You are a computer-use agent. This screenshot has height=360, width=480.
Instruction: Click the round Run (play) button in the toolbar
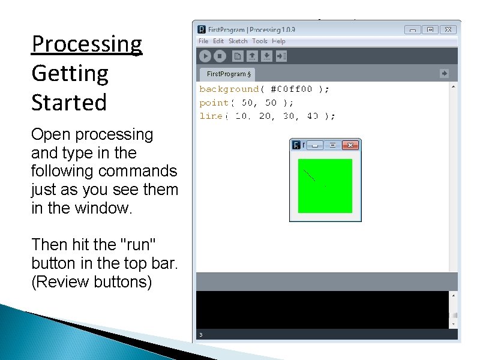click(x=205, y=56)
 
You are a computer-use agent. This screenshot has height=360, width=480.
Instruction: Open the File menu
click(x=203, y=41)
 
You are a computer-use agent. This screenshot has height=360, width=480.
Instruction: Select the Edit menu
click(x=218, y=41)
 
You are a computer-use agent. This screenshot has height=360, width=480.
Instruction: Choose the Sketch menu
click(x=238, y=41)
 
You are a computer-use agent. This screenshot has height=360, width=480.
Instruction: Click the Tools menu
click(x=260, y=41)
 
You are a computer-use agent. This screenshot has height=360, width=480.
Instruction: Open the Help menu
click(x=278, y=41)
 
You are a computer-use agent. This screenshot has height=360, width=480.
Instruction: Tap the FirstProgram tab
click(x=228, y=74)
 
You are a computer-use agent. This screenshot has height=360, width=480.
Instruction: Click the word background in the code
click(x=229, y=89)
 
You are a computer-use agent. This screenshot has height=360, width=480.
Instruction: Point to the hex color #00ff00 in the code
click(x=291, y=89)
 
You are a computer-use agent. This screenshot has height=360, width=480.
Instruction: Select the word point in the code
click(x=214, y=103)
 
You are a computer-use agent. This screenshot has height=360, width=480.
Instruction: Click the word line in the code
click(x=211, y=116)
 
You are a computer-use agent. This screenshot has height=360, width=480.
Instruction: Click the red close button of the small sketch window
click(x=351, y=145)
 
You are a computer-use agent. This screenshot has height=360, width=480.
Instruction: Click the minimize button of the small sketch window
click(x=316, y=145)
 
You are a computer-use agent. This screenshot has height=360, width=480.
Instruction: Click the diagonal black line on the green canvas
click(x=309, y=175)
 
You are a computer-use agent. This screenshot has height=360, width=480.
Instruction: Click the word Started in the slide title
click(x=69, y=102)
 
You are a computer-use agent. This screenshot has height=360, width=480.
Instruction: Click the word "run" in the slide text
click(x=138, y=245)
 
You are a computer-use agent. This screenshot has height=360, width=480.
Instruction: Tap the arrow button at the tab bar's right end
click(x=444, y=73)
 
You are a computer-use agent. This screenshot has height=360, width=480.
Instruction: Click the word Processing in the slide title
click(x=87, y=44)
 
